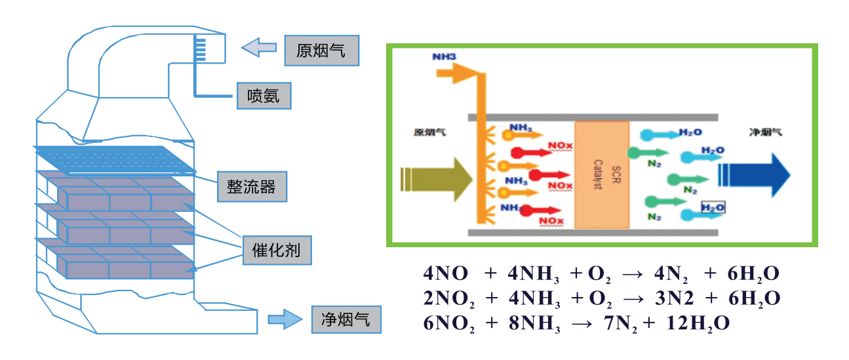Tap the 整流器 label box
click(252, 187)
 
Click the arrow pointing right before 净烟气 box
click(285, 320)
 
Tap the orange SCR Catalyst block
click(602, 174)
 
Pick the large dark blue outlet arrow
click(754, 175)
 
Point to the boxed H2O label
click(713, 208)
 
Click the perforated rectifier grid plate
click(115, 159)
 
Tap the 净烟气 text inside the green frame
click(765, 132)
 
